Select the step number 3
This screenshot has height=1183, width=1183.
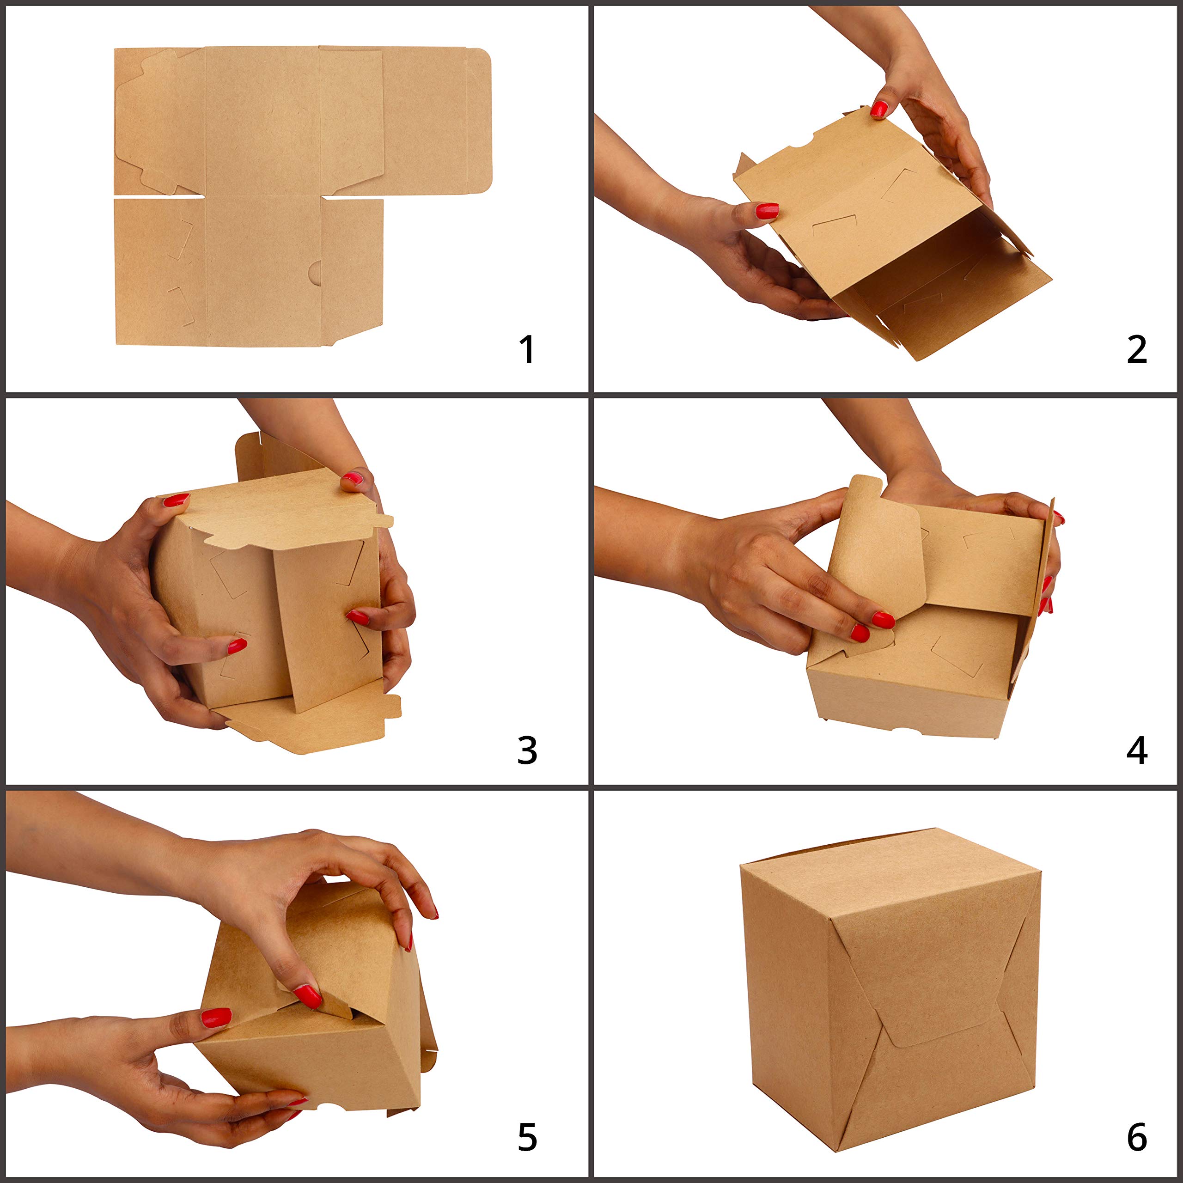click(x=527, y=750)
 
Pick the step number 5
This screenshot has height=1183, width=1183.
click(x=527, y=1138)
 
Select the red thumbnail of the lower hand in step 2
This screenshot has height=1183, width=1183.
click(x=767, y=211)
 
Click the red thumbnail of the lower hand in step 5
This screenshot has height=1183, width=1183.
click(x=216, y=1018)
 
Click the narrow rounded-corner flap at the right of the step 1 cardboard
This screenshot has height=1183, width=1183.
click(x=479, y=121)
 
